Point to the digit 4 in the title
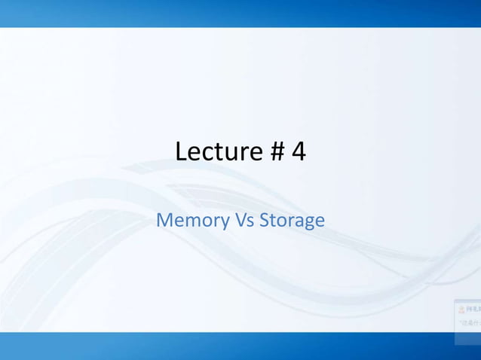pos(298,151)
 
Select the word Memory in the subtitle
pos(192,221)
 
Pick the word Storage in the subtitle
pos(293,221)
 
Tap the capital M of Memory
pos(164,221)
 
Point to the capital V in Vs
pos(240,221)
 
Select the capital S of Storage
pos(264,221)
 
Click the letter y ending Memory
pos(225,222)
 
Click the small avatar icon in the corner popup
pos(461,309)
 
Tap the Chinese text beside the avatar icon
pos(473,309)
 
